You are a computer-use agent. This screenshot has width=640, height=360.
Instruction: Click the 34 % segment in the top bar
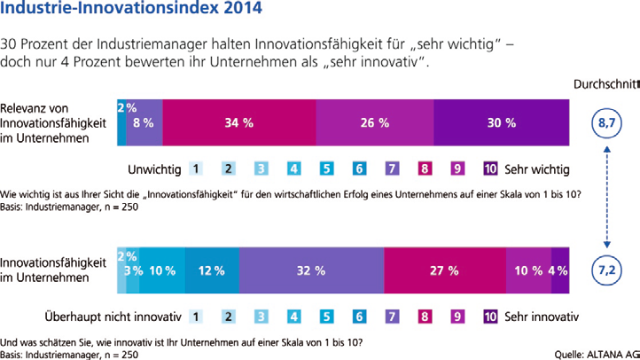239,123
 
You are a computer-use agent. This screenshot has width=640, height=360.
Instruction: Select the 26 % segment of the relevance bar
374,123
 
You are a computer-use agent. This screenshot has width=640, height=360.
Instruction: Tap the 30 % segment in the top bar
501,123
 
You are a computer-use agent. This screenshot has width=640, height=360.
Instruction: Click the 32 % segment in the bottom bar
310,270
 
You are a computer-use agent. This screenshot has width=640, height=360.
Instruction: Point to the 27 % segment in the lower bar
443,270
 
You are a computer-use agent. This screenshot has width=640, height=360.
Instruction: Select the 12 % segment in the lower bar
211,270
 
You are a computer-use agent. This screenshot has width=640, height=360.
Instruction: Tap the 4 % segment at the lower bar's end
560,270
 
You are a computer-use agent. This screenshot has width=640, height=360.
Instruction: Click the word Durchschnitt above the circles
606,85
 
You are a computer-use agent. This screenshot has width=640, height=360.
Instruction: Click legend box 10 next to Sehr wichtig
491,168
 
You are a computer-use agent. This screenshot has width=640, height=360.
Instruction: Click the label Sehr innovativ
542,315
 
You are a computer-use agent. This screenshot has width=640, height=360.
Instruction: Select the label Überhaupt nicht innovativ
113,315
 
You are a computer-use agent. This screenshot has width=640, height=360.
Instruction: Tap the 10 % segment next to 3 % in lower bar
161,270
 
